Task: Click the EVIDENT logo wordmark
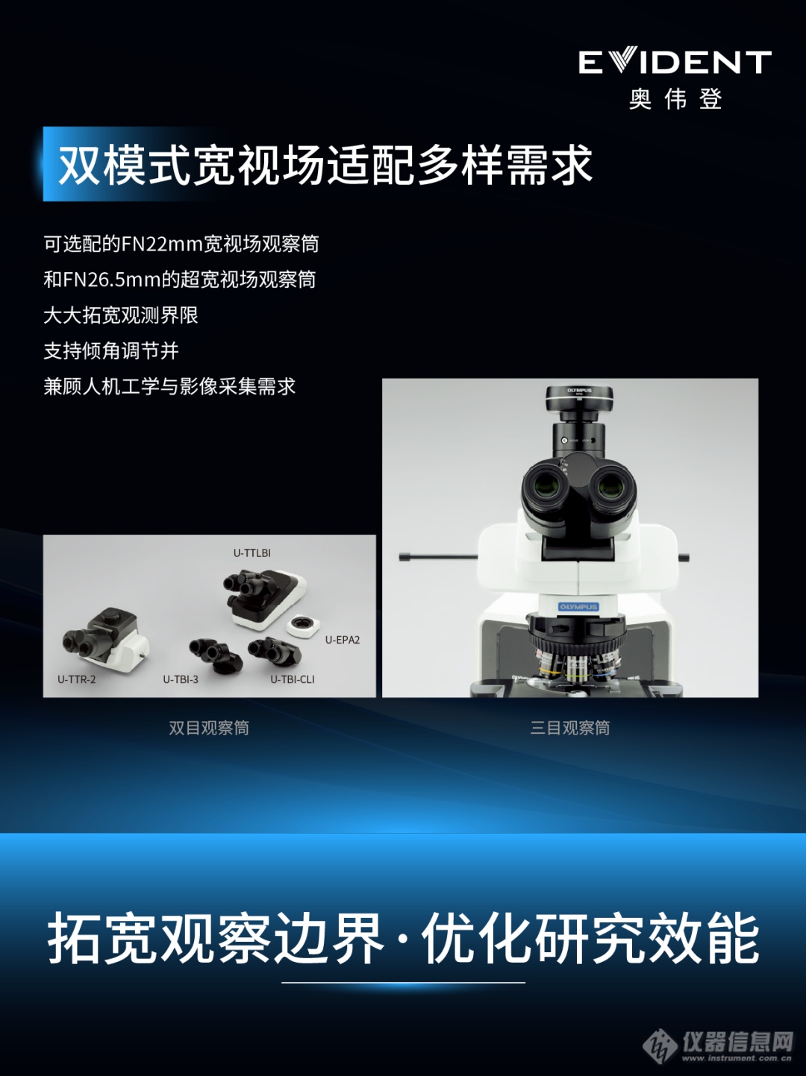[675, 63]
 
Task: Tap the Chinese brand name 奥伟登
[675, 99]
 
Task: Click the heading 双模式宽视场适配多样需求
[325, 165]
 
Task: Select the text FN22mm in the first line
[162, 244]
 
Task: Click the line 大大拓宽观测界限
[121, 315]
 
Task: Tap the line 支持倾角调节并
[111, 350]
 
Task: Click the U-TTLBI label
[252, 553]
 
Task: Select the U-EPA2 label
[343, 640]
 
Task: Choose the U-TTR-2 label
[76, 679]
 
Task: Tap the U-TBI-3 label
[181, 679]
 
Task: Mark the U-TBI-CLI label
[293, 679]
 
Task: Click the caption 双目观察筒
[209, 728]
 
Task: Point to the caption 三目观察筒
[570, 728]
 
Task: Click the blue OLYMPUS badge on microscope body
[579, 607]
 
